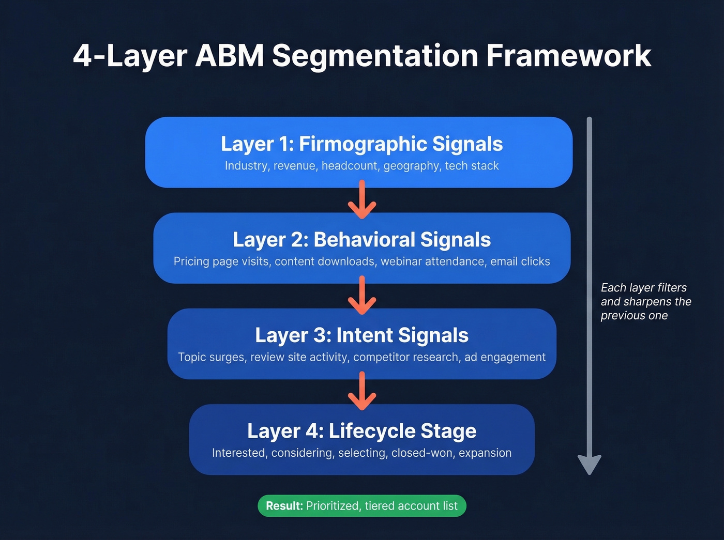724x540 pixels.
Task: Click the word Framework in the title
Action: point(568,56)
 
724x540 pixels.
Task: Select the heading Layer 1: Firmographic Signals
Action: point(361,144)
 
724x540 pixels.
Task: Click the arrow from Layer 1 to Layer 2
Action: point(362,200)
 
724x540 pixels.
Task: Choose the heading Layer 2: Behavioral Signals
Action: point(361,240)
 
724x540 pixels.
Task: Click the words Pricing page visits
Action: point(221,261)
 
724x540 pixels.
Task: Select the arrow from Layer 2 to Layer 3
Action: point(362,296)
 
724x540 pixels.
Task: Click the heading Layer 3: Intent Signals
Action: point(361,335)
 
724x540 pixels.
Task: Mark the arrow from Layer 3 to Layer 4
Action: point(362,392)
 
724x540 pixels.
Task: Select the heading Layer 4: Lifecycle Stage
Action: point(361,431)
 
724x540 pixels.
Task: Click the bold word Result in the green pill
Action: point(284,506)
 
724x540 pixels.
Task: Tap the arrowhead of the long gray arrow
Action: point(589,464)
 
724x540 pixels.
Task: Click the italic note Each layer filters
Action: point(643,288)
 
